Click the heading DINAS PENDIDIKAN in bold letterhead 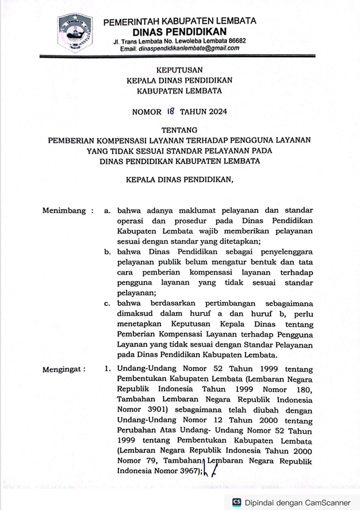179,31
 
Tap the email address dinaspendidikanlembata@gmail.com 188,49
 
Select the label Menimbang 63,211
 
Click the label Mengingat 63,369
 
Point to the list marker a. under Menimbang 108,211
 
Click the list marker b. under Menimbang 108,252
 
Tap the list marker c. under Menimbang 108,303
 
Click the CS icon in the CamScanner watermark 236,503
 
